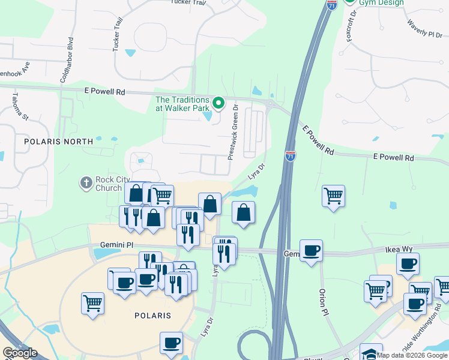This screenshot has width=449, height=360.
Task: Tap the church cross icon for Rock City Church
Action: tap(86, 182)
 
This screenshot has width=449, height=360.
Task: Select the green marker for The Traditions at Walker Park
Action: tap(219, 103)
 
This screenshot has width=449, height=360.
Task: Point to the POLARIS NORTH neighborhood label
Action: tap(59, 142)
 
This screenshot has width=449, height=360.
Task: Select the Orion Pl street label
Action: tap(324, 304)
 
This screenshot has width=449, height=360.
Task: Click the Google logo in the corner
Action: tap(20, 353)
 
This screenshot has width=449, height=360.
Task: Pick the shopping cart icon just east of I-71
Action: tap(333, 196)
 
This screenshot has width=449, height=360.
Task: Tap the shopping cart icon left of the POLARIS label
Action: tap(93, 303)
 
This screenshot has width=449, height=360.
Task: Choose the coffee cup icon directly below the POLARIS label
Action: tap(171, 343)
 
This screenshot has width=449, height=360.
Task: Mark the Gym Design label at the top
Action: tap(381, 3)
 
